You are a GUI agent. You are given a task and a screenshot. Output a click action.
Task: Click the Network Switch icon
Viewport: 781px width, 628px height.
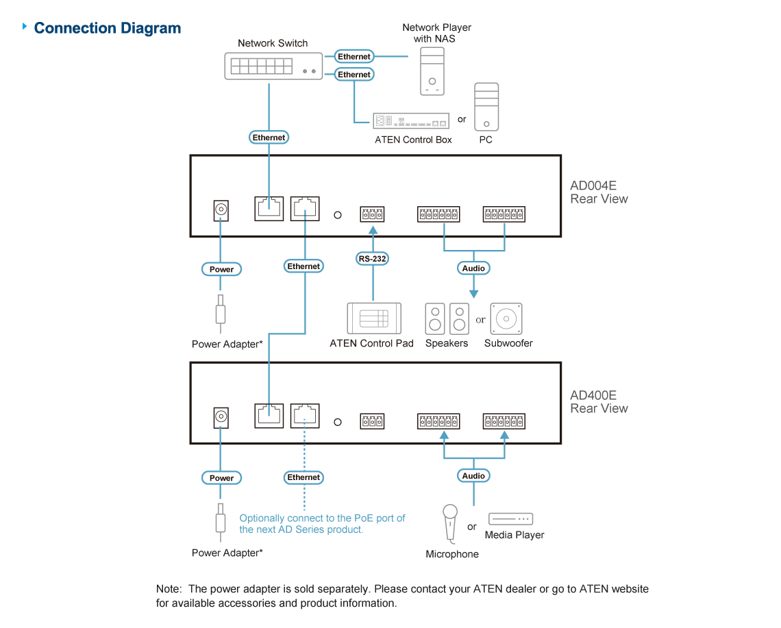coord(272,66)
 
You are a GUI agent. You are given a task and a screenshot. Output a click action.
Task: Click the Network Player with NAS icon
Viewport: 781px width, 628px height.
coord(432,75)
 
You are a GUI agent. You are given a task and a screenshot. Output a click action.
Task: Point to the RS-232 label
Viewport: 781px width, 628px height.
coord(373,259)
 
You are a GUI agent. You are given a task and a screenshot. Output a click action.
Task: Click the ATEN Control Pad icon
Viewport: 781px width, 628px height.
coord(373,318)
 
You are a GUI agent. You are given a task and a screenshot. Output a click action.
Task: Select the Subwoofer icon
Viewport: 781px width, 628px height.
coord(507,318)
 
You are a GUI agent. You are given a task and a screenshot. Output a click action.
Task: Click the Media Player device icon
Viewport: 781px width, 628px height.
coord(510,518)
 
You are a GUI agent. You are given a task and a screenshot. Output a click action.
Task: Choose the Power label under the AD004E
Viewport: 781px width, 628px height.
coord(221,269)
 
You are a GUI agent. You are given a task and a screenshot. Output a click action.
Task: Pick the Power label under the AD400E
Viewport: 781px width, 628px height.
coord(221,478)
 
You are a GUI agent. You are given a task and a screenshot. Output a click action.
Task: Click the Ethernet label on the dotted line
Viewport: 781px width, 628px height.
coord(303,477)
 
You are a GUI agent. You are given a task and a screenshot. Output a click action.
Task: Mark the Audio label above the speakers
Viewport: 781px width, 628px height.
coord(473,268)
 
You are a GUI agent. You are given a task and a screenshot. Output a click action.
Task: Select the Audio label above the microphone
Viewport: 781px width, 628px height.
coord(473,475)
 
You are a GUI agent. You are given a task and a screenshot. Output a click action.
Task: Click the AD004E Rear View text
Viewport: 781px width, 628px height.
coord(598,192)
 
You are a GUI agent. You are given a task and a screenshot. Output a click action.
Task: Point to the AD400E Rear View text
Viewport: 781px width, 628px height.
coord(598,402)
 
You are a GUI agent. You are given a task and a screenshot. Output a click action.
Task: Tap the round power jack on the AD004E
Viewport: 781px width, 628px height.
coord(221,209)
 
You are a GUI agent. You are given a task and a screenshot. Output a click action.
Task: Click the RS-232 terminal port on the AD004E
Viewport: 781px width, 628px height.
coord(373,214)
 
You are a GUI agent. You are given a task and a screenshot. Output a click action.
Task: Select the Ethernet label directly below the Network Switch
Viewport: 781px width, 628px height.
coord(269,138)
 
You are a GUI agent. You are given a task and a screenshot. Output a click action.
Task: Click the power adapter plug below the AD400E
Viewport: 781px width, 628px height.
coord(221,521)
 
